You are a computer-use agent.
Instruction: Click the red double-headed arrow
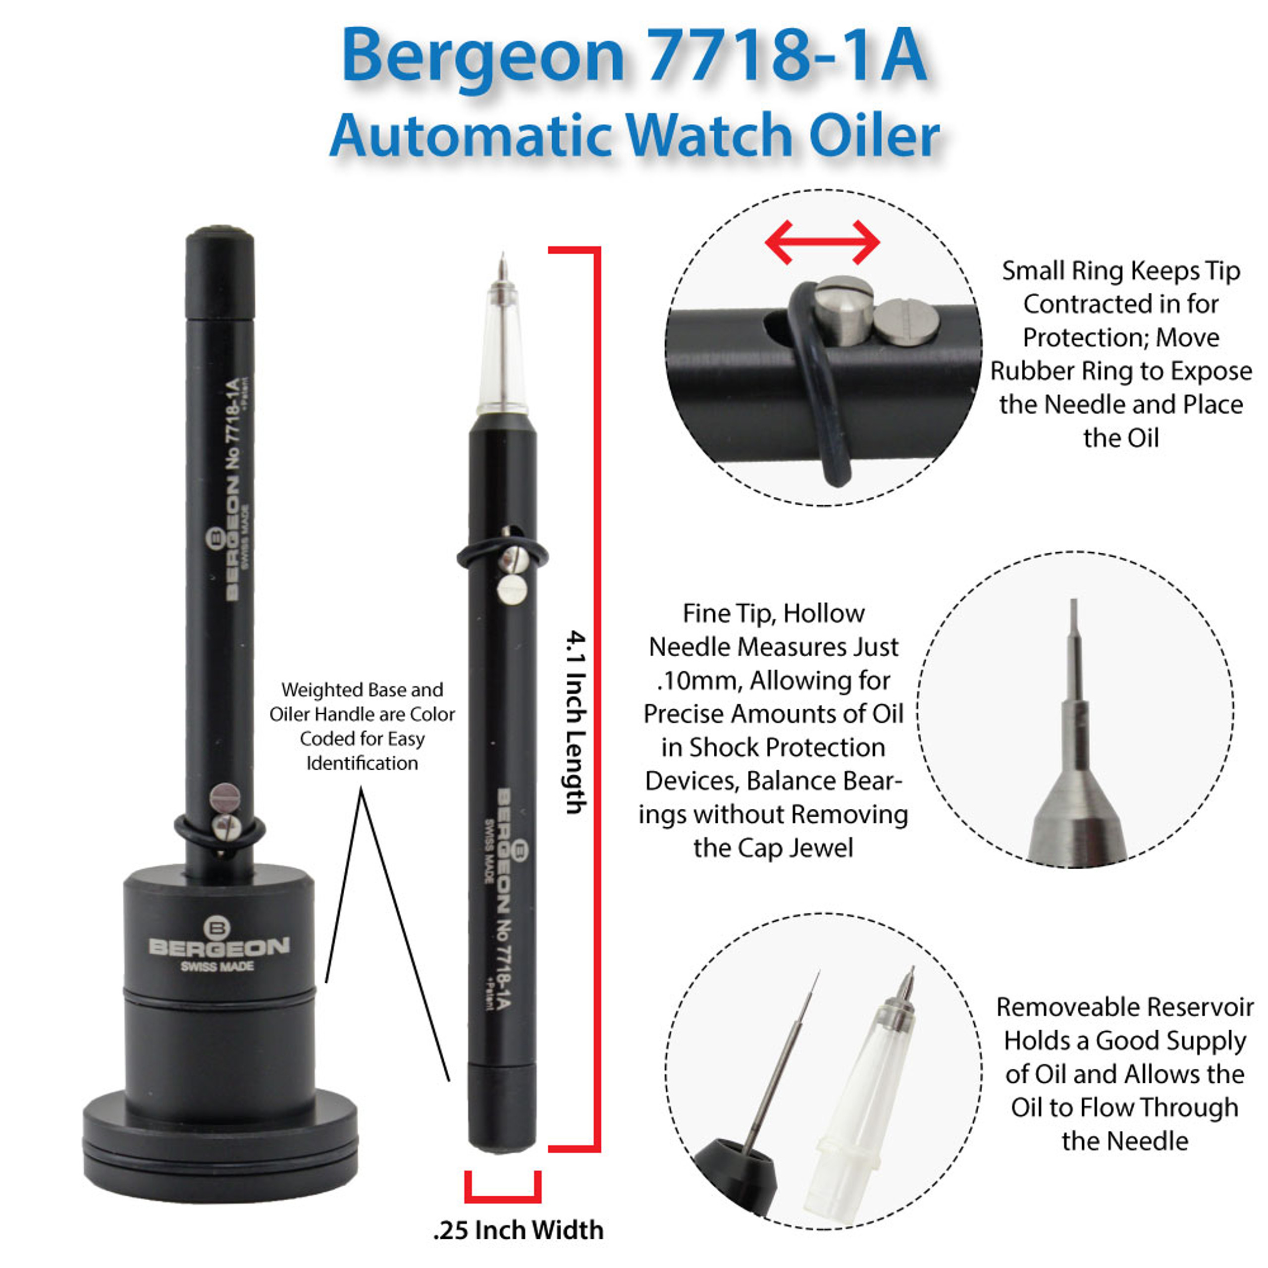click(822, 242)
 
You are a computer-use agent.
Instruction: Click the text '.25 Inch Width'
click(518, 1230)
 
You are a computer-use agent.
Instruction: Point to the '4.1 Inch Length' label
click(576, 722)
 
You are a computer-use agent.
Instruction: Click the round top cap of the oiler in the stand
click(220, 235)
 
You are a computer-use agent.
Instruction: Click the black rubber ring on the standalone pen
click(466, 558)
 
